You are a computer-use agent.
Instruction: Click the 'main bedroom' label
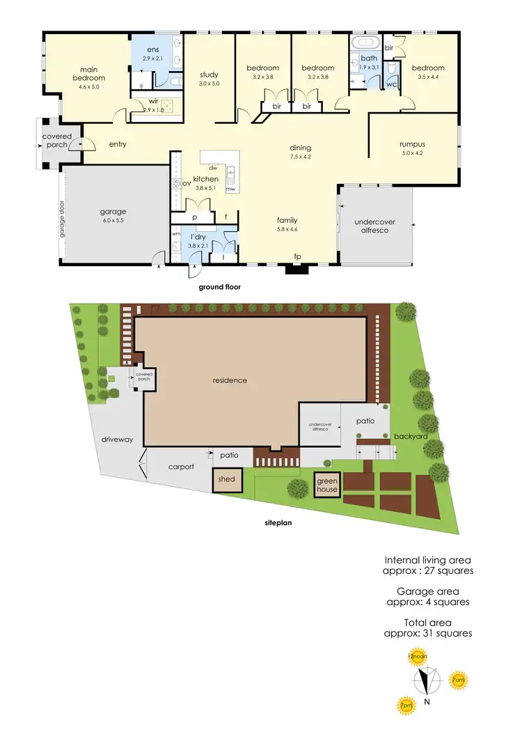88,73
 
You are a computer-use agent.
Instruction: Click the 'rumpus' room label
412,144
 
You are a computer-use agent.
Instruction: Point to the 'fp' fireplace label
297,257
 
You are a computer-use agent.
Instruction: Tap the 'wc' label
390,84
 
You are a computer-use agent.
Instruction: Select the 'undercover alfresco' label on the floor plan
374,226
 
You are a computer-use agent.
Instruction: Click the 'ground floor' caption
219,286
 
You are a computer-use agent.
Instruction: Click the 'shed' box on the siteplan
227,480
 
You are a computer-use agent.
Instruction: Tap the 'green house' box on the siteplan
327,485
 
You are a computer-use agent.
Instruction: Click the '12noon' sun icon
417,658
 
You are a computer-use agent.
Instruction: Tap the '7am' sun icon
458,680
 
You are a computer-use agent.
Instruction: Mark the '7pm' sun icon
405,706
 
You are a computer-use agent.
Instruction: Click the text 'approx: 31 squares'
428,633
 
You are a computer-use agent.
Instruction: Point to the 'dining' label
301,148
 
